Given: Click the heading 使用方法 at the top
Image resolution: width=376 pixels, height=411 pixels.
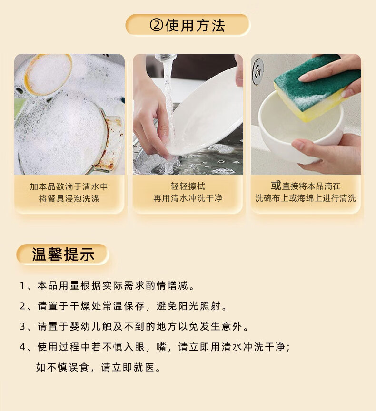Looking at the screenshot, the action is coord(195,25).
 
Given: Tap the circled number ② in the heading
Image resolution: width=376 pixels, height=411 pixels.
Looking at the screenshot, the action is coord(157,25).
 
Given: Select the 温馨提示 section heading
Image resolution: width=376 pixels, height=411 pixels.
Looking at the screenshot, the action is coord(63,254).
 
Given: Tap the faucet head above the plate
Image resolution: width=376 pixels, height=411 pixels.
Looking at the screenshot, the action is coord(166,58).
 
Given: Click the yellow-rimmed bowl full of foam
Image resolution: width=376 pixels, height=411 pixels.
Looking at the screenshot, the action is coord(48,74).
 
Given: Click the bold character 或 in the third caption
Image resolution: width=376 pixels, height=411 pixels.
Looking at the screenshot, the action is coord(276,186).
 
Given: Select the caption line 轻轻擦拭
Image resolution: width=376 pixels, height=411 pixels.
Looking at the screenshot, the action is coord(188,186).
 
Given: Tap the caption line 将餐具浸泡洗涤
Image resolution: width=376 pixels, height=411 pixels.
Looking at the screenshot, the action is coord(69,198).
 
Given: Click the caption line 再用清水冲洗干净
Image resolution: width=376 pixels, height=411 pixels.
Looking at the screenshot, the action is coord(188,198).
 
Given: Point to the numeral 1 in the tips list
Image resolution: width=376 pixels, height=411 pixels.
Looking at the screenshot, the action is coord(22,285).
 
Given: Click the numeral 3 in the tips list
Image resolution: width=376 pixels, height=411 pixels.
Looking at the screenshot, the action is coord(22,327).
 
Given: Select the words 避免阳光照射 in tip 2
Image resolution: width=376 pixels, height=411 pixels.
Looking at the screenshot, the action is coord(188,306).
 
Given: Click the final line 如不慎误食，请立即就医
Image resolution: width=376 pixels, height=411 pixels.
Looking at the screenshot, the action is coord(99,367).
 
